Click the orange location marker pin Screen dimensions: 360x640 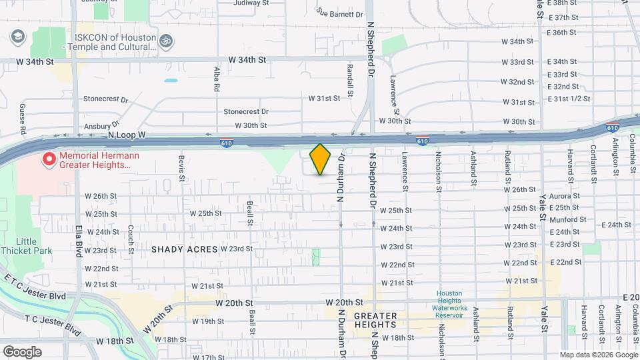click(321, 159)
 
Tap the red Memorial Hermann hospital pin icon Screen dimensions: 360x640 click(48, 159)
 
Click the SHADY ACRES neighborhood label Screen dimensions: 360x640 click(185, 249)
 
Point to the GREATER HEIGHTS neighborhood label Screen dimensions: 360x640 click(375, 321)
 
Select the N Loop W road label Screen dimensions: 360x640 click(127, 135)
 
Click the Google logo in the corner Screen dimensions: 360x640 click(22, 352)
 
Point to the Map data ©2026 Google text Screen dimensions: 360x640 click(598, 355)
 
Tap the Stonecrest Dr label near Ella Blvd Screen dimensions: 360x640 click(105, 99)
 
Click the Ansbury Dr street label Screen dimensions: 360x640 click(101, 125)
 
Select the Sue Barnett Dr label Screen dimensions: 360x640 click(340, 13)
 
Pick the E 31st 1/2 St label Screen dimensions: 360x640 click(569, 99)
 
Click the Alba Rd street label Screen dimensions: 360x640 click(217, 79)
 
